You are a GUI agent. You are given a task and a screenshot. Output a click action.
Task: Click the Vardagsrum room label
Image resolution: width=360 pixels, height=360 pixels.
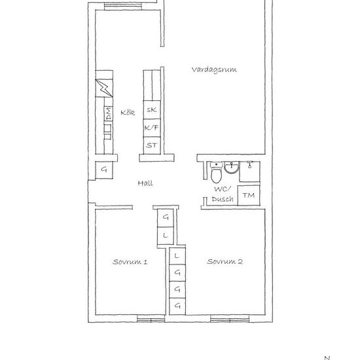coord(214,69)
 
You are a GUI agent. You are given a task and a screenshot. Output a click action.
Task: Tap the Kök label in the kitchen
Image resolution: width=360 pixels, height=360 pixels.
coord(128,112)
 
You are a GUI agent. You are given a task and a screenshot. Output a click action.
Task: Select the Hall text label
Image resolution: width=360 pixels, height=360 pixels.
coord(145,183)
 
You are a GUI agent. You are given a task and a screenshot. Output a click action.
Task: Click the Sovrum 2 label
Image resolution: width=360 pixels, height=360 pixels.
coord(225,262)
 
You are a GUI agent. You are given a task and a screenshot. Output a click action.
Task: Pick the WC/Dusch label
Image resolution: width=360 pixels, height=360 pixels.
coord(223,194)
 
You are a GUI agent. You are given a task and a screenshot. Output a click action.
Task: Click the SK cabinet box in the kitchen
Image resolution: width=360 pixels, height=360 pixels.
coord(152,110)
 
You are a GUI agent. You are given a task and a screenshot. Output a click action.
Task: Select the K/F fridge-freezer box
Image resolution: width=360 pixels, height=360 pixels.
coord(152,128)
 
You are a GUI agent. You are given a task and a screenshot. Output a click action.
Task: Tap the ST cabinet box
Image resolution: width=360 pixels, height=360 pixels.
coord(152,145)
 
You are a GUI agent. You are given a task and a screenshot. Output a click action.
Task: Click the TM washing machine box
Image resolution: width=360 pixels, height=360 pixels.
coord(249,196)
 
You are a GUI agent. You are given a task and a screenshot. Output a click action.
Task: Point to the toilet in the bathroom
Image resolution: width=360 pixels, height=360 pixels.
coord(215,174)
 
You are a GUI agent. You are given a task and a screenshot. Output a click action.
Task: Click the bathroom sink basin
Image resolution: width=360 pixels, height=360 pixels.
coord(231,169)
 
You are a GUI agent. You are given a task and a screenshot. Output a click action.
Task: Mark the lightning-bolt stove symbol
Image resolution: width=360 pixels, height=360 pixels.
coord(104,88)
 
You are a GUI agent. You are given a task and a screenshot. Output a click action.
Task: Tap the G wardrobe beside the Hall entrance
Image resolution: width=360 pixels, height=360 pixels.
coord(104,170)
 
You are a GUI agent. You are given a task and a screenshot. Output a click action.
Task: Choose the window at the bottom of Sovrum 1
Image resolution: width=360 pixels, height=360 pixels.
coord(151,319)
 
